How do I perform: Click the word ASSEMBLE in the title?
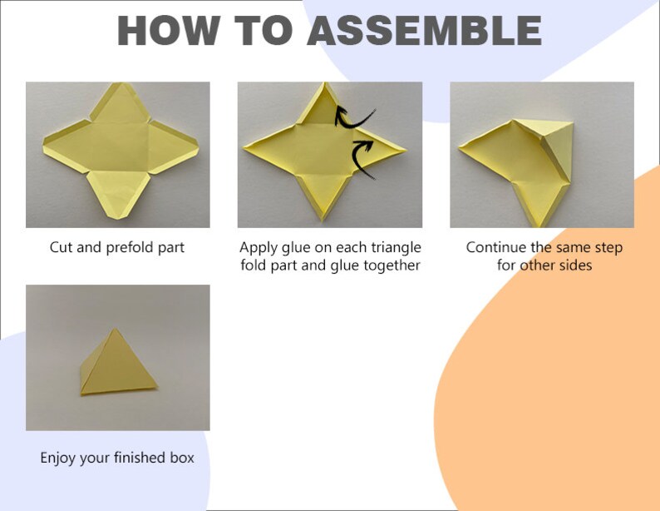coord(425,30)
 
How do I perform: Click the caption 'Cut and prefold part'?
coord(117,247)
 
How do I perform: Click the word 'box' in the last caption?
coord(180,457)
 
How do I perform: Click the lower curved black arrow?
coord(364,157)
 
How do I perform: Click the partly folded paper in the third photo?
coord(524,158)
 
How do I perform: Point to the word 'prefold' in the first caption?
coord(136,247)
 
